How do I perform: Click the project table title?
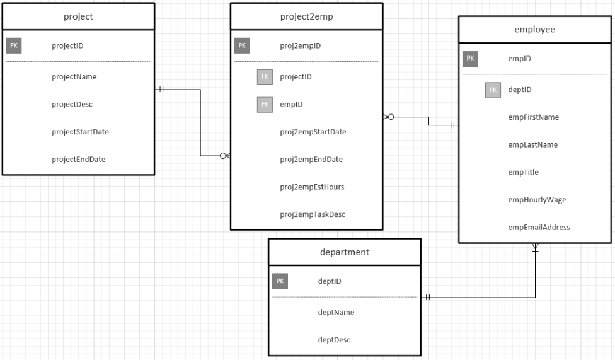79,16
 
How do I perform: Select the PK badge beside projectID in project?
14,45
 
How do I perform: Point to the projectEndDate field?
78,159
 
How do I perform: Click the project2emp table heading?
306,16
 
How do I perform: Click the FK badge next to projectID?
265,76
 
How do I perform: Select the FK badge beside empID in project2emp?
265,104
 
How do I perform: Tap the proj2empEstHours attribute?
312,187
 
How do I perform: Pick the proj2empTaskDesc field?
313,214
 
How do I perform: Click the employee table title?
534,29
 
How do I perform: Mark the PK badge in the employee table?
470,59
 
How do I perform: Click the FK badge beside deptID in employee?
493,90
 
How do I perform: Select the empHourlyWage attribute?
537,200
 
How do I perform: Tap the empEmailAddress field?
539,227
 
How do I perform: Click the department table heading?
345,252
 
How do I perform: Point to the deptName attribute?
336,312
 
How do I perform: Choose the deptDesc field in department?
334,339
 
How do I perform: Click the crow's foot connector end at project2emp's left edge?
225,156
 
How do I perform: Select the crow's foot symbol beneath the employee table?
535,248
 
